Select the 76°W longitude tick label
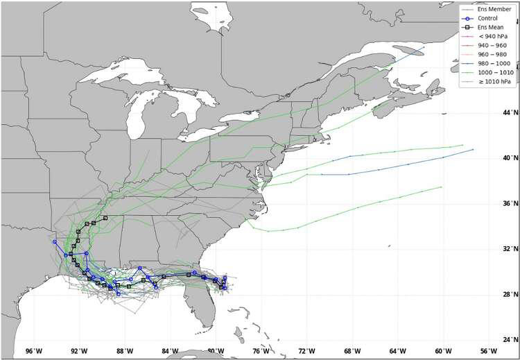pos(261,351)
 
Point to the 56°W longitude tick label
pos(488,351)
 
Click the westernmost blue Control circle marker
pos(55,241)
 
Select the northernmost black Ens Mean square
pos(105,218)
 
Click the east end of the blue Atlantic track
pos(473,149)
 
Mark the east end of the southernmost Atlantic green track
pos(442,187)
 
